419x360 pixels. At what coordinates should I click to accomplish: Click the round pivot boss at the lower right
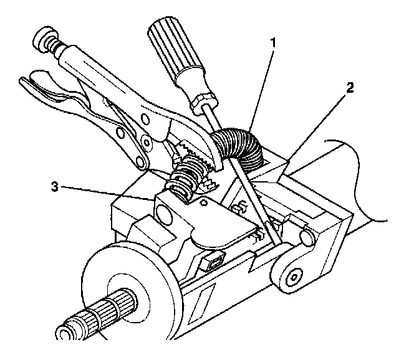293,273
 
